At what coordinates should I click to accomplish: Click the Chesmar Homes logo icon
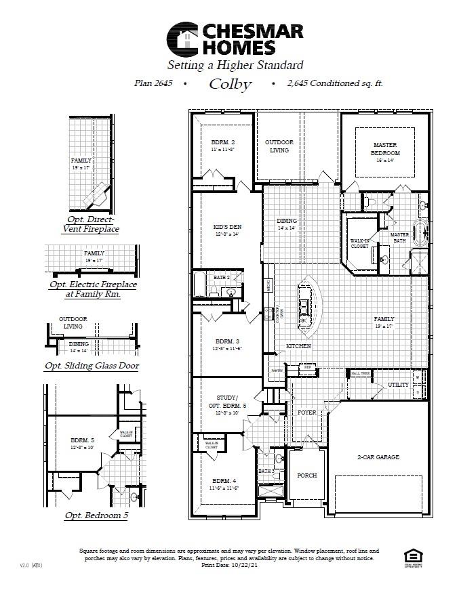click(x=182, y=39)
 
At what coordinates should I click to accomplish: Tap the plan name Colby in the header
click(x=230, y=84)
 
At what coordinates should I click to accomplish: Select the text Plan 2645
click(x=153, y=83)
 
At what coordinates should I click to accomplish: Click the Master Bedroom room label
click(x=385, y=149)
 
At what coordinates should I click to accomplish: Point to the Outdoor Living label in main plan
click(x=279, y=146)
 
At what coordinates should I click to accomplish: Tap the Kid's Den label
click(x=227, y=228)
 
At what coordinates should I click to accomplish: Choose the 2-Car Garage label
click(x=378, y=457)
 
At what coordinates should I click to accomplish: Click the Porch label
click(x=307, y=475)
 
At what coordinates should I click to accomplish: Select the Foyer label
click(x=307, y=412)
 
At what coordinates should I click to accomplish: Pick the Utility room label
click(x=398, y=385)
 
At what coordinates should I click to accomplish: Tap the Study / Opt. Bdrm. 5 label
click(x=227, y=404)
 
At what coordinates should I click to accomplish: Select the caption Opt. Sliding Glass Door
click(x=92, y=366)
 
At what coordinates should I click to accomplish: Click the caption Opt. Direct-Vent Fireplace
click(x=92, y=224)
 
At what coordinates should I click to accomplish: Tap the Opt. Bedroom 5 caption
click(x=96, y=515)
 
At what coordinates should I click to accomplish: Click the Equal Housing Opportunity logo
click(x=407, y=555)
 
